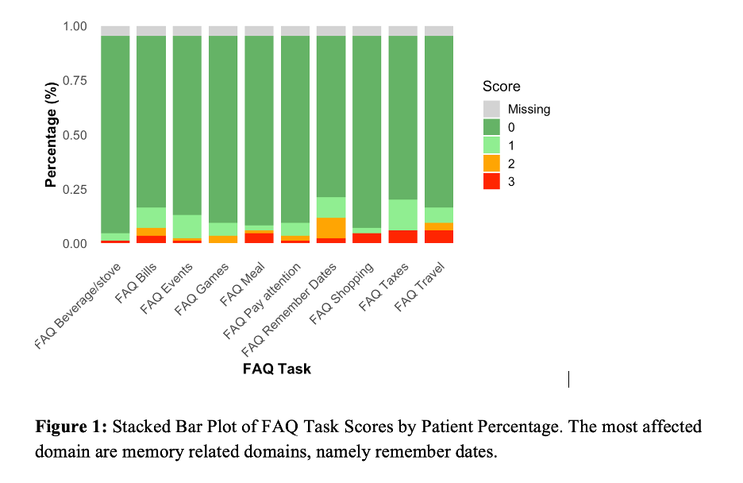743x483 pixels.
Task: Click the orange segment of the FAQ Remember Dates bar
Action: pos(331,227)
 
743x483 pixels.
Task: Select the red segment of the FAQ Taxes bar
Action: pos(403,237)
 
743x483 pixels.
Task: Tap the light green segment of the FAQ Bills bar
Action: pos(151,218)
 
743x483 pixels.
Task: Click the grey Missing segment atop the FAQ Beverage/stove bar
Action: pos(115,31)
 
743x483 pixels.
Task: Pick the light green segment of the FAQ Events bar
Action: pos(187,226)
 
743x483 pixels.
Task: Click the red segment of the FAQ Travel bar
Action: pos(439,237)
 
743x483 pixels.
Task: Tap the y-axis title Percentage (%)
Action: pos(52,134)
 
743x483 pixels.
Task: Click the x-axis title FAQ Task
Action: pos(277,369)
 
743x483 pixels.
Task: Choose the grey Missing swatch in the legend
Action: pos(492,109)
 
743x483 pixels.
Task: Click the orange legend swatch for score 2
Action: pos(492,164)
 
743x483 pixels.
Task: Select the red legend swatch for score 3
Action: pos(492,181)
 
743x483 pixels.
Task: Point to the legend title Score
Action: pos(502,87)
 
